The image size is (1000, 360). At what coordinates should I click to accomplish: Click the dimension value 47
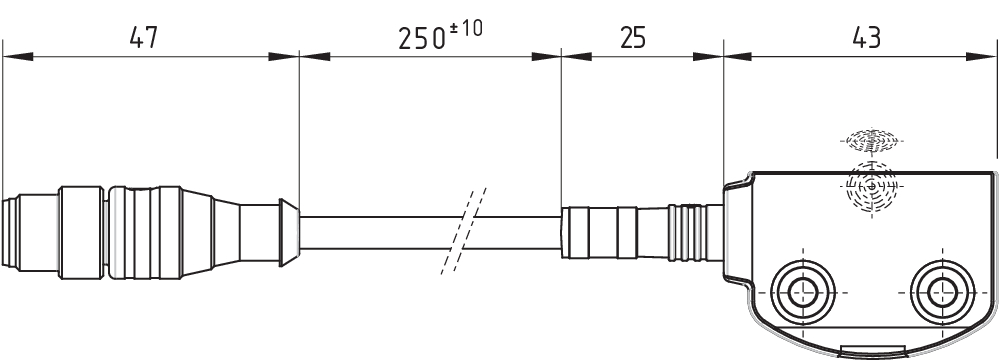pos(143,39)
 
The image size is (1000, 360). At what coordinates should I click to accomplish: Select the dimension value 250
pos(422,39)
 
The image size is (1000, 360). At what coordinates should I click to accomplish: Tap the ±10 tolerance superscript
pos(466,29)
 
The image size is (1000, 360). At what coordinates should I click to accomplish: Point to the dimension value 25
pos(633,38)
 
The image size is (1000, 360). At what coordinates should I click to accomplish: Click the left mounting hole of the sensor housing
pos(803,292)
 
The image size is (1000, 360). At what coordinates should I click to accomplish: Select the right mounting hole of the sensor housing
pos(943,292)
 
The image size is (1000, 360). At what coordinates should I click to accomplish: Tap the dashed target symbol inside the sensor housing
pos(872,185)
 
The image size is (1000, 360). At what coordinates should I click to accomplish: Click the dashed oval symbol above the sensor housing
pos(872,140)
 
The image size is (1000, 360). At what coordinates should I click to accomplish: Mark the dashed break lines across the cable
pos(464,231)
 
